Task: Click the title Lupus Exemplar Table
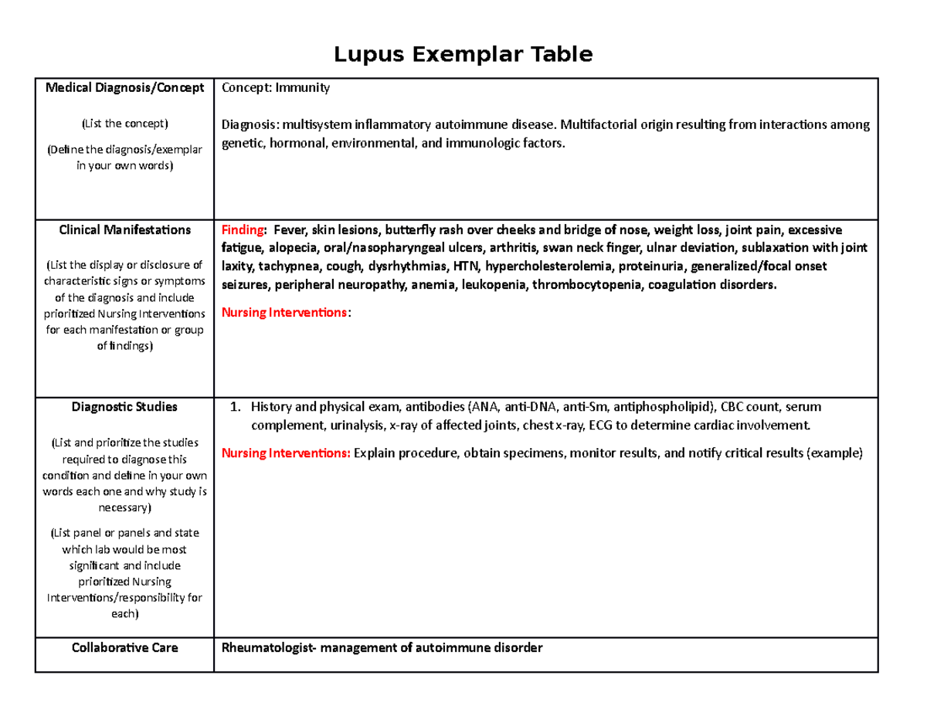coord(463,55)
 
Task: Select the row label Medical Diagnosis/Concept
coord(124,88)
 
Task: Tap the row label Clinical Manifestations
coord(124,229)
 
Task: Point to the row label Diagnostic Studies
coord(124,406)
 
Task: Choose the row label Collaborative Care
coord(124,647)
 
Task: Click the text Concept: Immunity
coord(276,88)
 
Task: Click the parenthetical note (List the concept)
coord(124,124)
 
